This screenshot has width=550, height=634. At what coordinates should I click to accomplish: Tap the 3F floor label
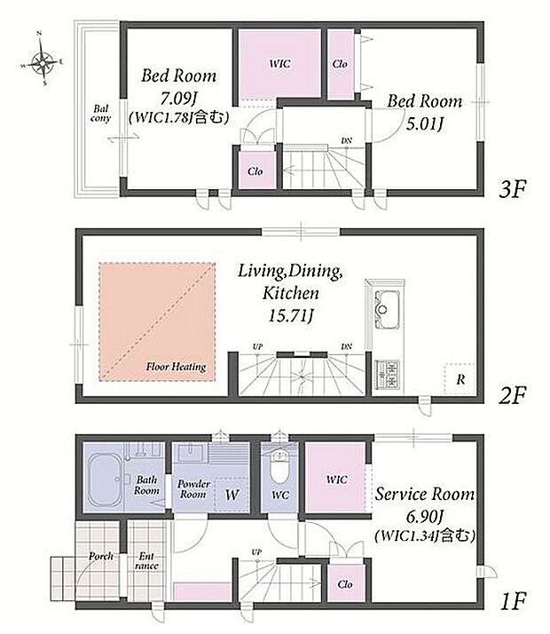[513, 189]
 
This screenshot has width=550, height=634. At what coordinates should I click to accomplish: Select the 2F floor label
[513, 394]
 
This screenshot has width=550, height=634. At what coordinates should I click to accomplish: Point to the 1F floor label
[513, 601]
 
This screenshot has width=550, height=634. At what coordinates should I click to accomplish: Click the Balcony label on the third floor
[100, 114]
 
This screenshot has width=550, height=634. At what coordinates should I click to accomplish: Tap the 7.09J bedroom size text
[179, 98]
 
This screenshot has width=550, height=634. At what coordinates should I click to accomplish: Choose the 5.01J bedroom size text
[424, 123]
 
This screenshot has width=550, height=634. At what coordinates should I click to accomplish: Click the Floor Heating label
[176, 367]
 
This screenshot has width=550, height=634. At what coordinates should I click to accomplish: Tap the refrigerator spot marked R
[460, 379]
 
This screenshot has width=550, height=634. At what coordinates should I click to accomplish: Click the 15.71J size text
[291, 316]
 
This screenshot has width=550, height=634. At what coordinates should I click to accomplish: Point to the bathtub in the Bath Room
[106, 480]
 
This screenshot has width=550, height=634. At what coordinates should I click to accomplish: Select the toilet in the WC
[279, 466]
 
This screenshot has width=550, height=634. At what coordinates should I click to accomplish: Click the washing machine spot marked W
[232, 494]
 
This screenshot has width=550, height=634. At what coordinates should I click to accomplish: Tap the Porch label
[101, 557]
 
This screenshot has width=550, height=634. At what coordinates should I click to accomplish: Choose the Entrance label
[146, 561]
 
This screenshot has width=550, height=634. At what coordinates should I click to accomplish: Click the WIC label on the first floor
[337, 479]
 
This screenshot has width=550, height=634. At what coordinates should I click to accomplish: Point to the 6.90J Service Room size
[424, 516]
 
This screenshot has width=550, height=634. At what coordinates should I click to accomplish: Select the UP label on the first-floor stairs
[256, 552]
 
